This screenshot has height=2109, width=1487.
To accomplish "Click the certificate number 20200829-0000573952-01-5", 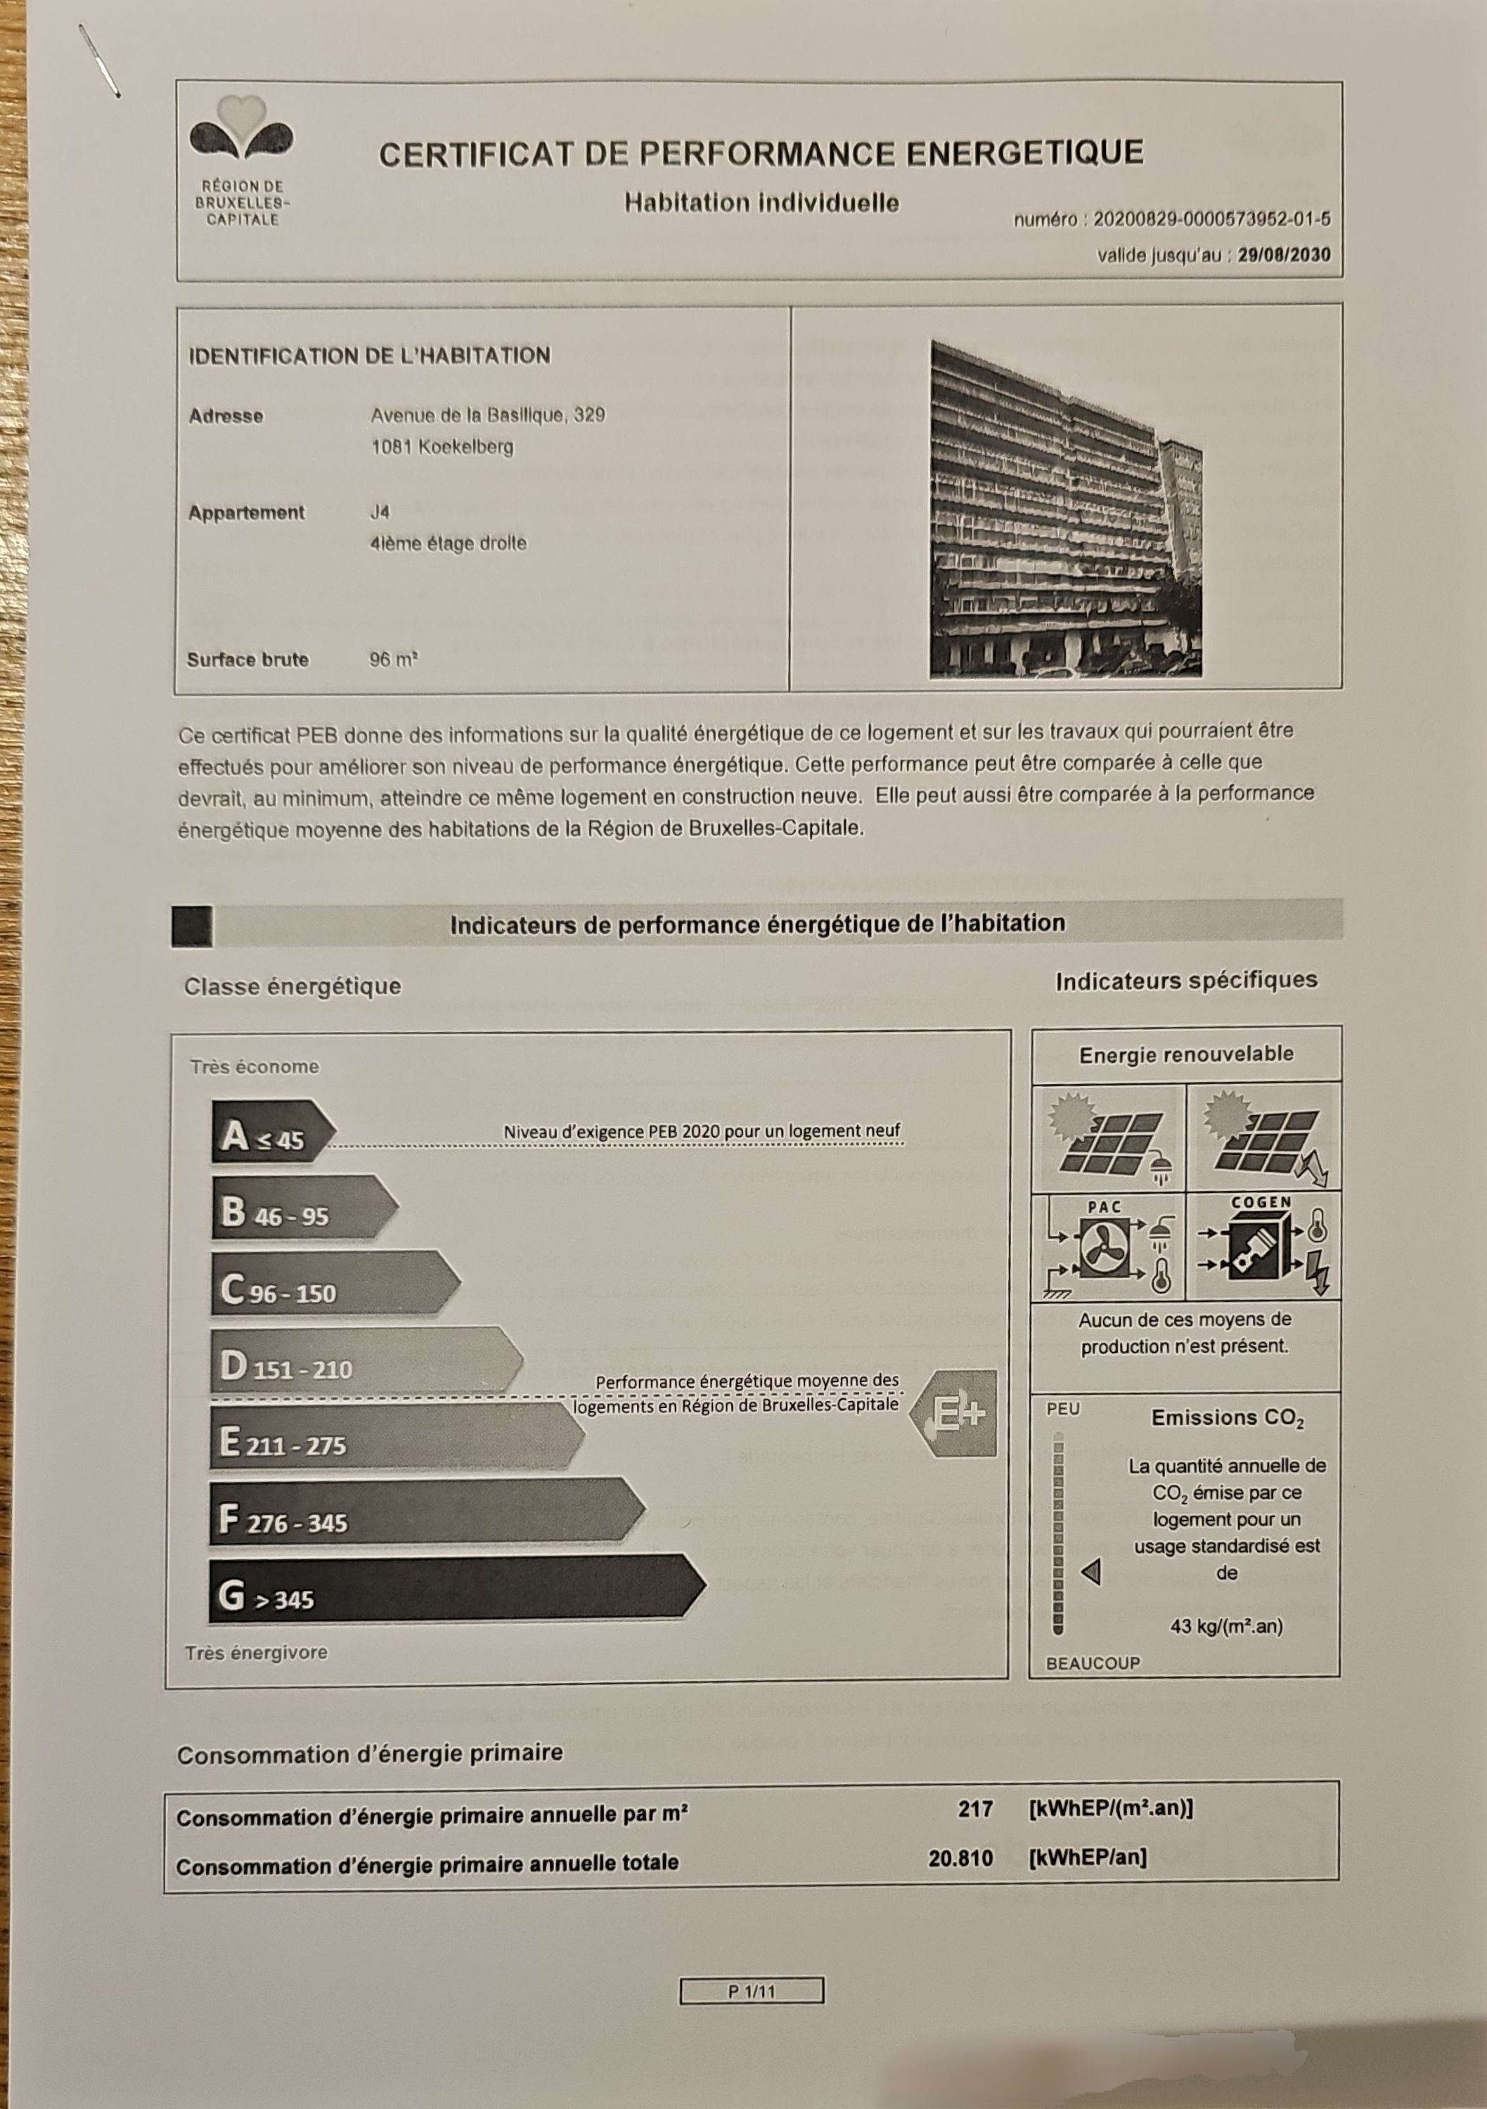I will click(x=1211, y=219).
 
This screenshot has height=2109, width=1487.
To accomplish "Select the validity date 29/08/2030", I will click(x=1283, y=255).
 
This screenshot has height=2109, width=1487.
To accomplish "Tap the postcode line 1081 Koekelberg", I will click(x=442, y=447).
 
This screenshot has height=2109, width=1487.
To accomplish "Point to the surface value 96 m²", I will click(x=394, y=659).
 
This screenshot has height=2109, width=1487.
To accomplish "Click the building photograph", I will click(x=1065, y=509).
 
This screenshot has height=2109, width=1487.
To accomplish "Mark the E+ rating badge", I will click(x=955, y=1414).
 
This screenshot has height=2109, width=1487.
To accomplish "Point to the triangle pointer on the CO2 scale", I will click(x=1091, y=1572).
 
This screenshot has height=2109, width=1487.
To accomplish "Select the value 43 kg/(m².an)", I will click(x=1226, y=1627).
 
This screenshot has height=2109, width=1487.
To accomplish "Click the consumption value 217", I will click(x=974, y=1810).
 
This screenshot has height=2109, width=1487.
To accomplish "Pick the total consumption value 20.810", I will click(x=960, y=1858).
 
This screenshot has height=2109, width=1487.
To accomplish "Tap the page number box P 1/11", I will click(x=752, y=1992).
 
